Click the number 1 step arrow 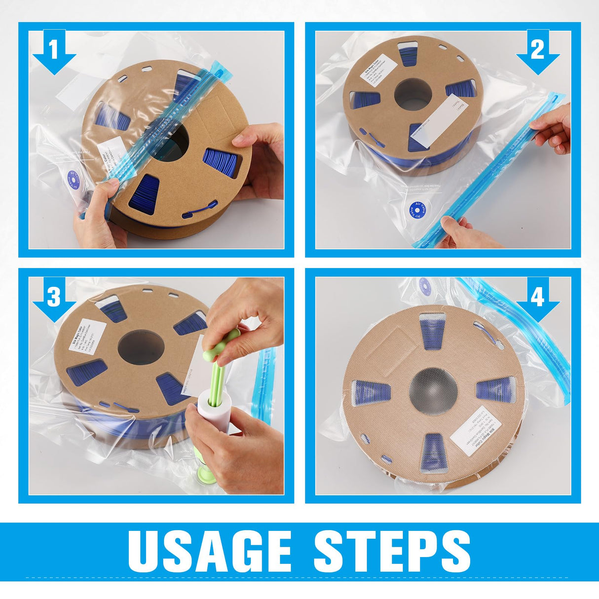54,51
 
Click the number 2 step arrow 537,51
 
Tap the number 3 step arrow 54,298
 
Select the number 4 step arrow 537,298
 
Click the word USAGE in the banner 209,551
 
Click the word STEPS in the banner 392,551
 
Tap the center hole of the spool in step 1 174,141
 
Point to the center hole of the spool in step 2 413,92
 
